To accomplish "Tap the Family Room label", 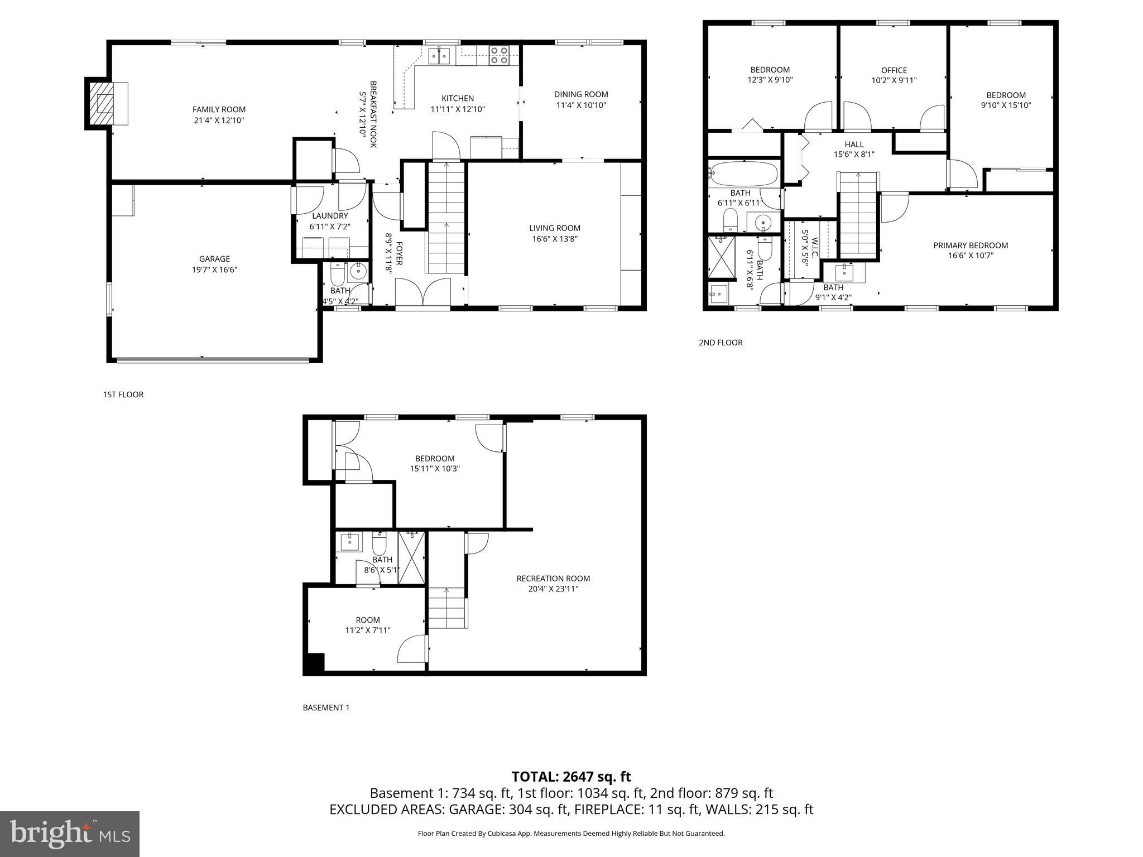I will click(x=219, y=110).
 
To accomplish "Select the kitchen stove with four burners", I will click(x=499, y=55).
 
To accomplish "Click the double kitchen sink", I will click(x=439, y=55).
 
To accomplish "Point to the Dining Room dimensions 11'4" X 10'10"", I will click(x=581, y=105).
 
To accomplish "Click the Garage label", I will click(x=214, y=259).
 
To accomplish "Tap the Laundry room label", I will click(x=330, y=216).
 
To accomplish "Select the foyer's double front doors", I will click(x=422, y=292).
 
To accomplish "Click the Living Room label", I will click(x=555, y=228).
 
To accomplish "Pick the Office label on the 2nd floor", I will click(x=894, y=70).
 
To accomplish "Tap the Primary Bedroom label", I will click(x=971, y=245).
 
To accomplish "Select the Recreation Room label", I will click(x=553, y=579).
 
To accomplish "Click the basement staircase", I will click(x=447, y=608).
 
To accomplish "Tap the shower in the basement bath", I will click(x=412, y=558).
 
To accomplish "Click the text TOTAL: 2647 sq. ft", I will click(x=571, y=777).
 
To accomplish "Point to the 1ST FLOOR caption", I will click(x=123, y=394).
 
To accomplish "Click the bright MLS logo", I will click(x=70, y=834).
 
